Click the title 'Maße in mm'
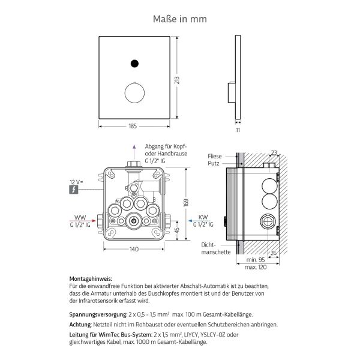[x=180, y=19]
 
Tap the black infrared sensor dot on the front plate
[x=133, y=62]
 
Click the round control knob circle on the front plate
[x=133, y=93]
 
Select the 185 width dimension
[x=133, y=127]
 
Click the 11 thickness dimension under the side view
[x=237, y=130]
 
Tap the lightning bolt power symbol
[x=73, y=190]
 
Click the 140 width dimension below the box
[x=134, y=248]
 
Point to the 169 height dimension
[x=187, y=203]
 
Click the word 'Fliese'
[x=215, y=156]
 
